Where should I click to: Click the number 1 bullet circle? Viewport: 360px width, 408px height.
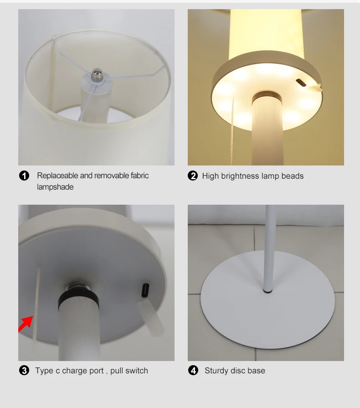24,176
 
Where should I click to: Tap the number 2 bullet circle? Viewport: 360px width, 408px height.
193,176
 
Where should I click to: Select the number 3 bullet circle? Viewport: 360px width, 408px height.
24,371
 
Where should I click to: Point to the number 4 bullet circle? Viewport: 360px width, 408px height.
194,371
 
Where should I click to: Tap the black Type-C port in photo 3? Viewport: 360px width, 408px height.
145,290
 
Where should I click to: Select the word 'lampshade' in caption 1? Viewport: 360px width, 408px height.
55,187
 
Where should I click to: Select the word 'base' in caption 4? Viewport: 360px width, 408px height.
256,371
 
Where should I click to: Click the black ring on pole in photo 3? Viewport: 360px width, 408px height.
78,300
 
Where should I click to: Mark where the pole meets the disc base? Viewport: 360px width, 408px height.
267,289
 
